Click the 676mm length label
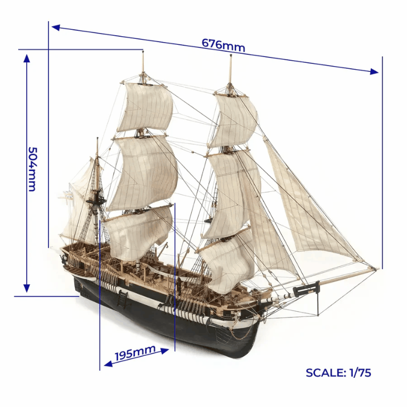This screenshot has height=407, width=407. point(223,45)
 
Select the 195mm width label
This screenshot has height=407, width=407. point(135,353)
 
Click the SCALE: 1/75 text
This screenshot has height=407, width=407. point(338,372)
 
